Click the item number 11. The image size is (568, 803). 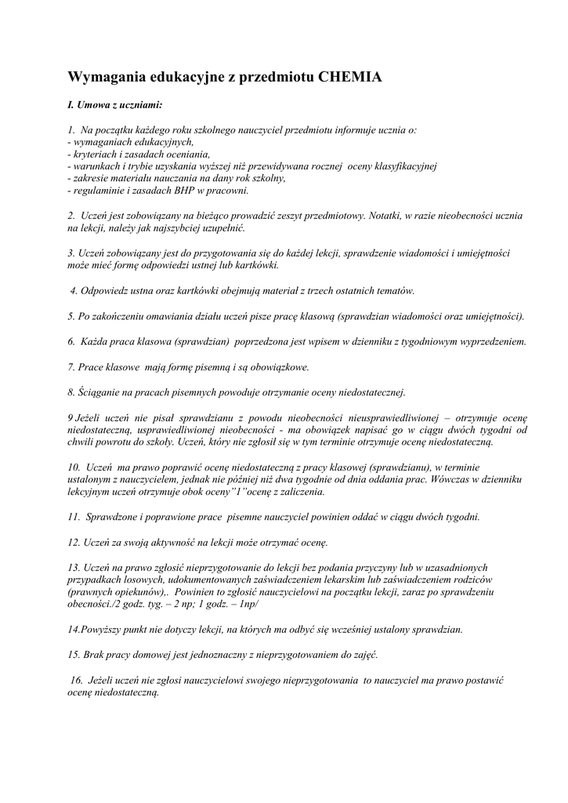(74, 518)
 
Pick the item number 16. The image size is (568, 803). (76, 681)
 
